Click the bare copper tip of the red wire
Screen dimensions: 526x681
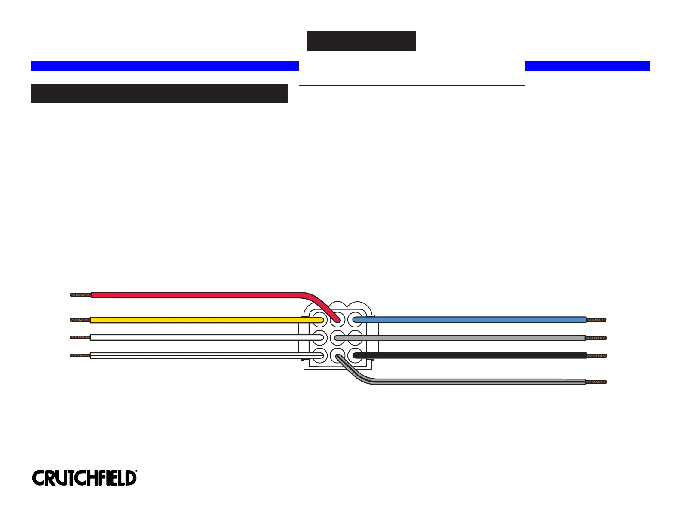[x=80, y=295]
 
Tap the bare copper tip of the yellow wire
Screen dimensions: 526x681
[x=80, y=320]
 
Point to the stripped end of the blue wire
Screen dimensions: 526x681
[x=596, y=320]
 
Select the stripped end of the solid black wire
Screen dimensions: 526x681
[x=596, y=356]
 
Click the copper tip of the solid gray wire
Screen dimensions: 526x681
[x=596, y=338]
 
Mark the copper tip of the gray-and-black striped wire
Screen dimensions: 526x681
[x=596, y=382]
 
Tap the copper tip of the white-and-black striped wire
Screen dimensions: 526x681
[x=80, y=355]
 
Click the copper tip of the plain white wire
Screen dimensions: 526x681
[x=80, y=337]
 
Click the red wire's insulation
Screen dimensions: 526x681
[x=193, y=295]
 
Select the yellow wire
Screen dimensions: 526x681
[x=193, y=320]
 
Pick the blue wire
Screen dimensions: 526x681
[x=473, y=320]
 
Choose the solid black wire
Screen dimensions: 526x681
[x=473, y=355]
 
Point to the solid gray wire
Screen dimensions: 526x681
[x=473, y=338]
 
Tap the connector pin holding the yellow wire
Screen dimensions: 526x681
[x=319, y=320]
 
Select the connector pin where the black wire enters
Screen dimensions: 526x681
[x=356, y=355]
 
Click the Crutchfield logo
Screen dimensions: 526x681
[x=84, y=478]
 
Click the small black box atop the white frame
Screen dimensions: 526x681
[x=362, y=41]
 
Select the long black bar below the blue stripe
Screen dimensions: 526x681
[x=159, y=93]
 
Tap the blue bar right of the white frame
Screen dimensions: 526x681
[x=587, y=66]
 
